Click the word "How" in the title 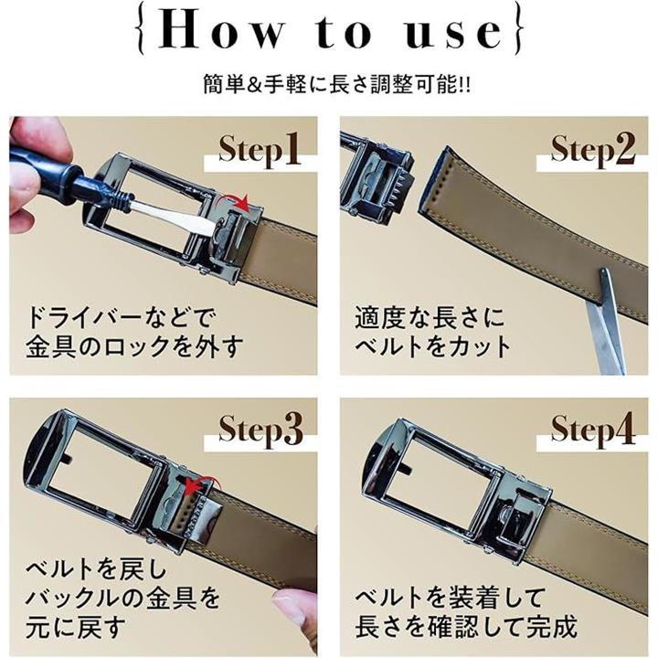click(x=221, y=30)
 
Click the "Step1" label click(x=259, y=150)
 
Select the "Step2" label click(x=592, y=150)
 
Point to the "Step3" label click(x=260, y=430)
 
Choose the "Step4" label click(x=592, y=430)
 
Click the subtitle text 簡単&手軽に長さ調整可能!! click(x=337, y=84)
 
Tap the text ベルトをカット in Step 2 click(x=432, y=346)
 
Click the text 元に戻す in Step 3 click(x=76, y=627)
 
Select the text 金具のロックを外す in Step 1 click(x=134, y=346)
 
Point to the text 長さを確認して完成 click(x=466, y=627)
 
